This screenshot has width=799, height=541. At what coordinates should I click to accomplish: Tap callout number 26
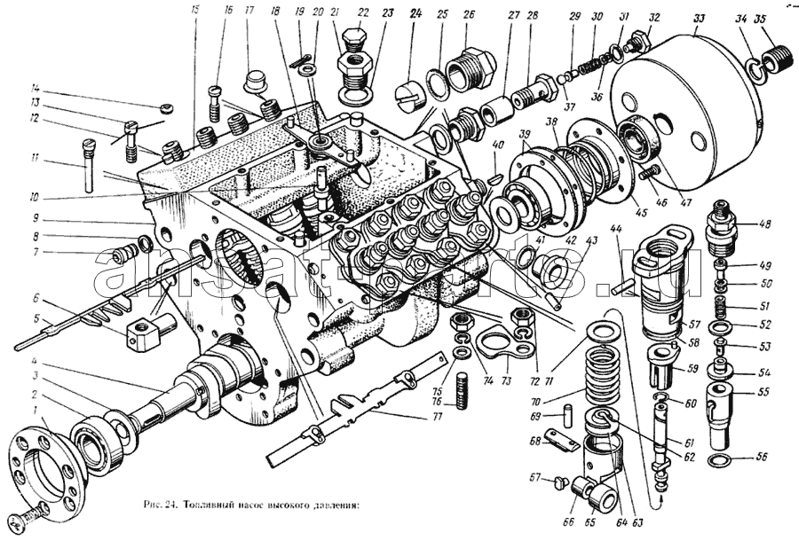(x=469, y=14)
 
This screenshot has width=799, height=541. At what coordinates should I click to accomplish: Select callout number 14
(x=36, y=88)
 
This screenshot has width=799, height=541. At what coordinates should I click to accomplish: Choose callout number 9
(x=36, y=217)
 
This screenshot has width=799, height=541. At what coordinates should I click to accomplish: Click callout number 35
(x=761, y=19)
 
